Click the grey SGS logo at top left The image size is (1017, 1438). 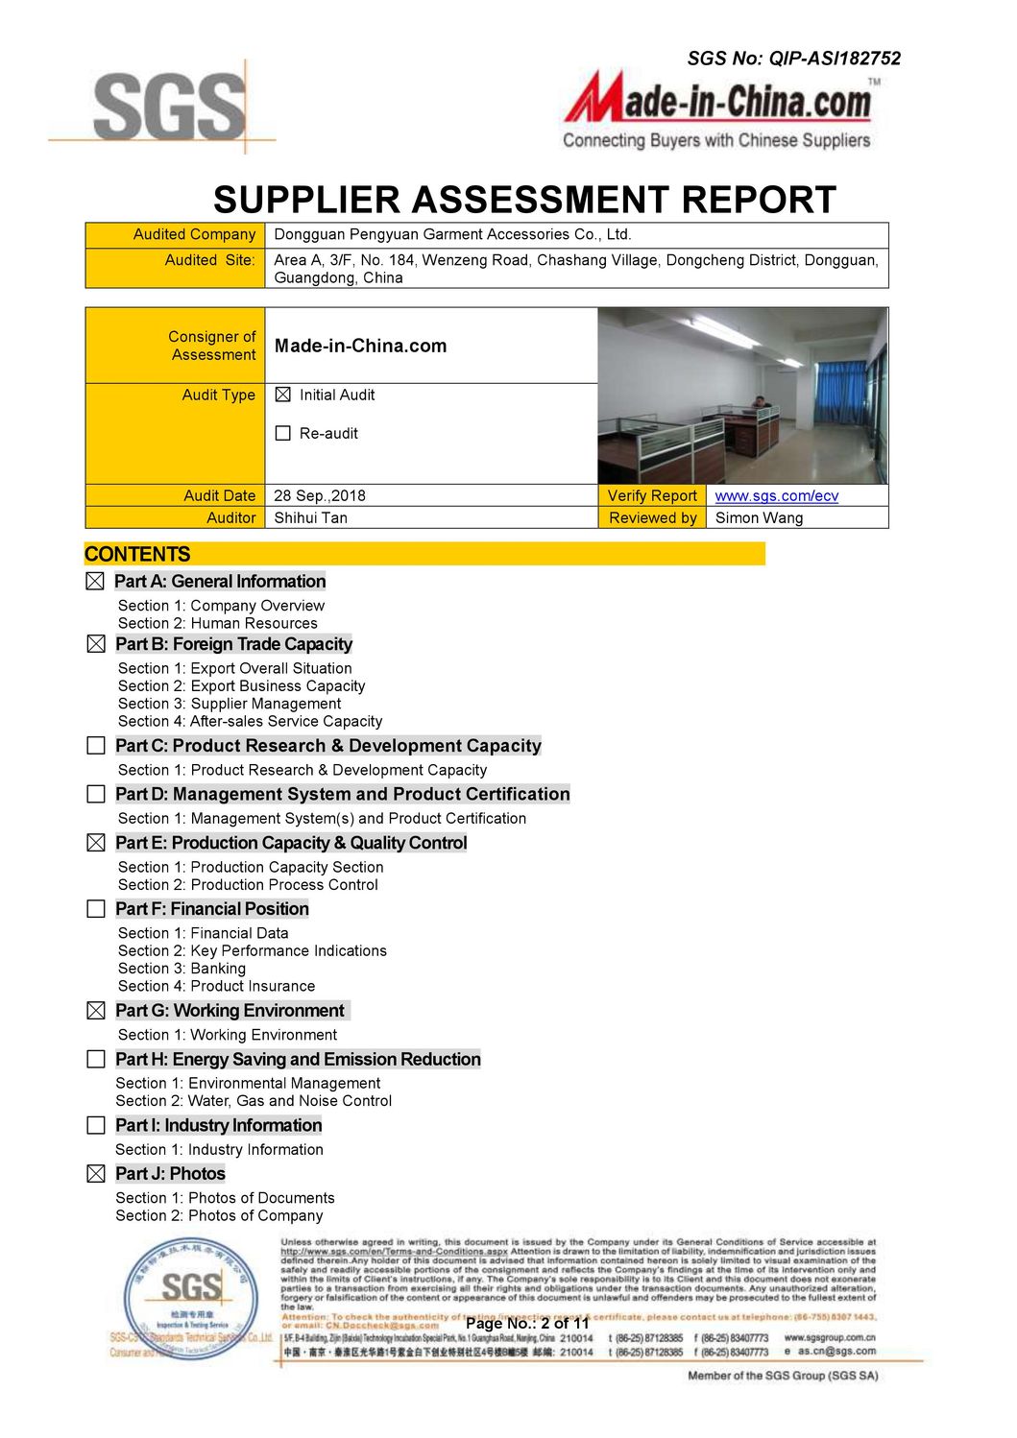pyautogui.click(x=169, y=107)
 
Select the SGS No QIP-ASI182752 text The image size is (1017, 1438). pyautogui.click(x=793, y=59)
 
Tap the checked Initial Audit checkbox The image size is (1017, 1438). pyautogui.click(x=282, y=395)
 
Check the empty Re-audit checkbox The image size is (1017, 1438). pyautogui.click(x=282, y=433)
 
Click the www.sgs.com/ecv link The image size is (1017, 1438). pyautogui.click(x=776, y=495)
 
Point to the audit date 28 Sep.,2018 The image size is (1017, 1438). pyautogui.click(x=320, y=495)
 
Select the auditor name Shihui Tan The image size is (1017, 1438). pyautogui.click(x=310, y=517)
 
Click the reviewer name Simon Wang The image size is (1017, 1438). pyautogui.click(x=759, y=517)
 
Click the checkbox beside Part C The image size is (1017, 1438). pyautogui.click(x=96, y=746)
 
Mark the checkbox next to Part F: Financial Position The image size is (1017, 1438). pyautogui.click(x=96, y=908)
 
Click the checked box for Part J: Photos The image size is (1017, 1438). pyautogui.click(x=96, y=1173)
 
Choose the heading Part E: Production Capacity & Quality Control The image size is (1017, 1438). pyautogui.click(x=291, y=843)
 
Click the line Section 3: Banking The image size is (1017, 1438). pyautogui.click(x=182, y=969)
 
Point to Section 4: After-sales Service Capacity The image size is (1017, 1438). pyautogui.click(x=250, y=721)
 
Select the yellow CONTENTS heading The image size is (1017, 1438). pyautogui.click(x=137, y=554)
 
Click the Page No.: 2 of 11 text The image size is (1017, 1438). pyautogui.click(x=527, y=1323)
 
